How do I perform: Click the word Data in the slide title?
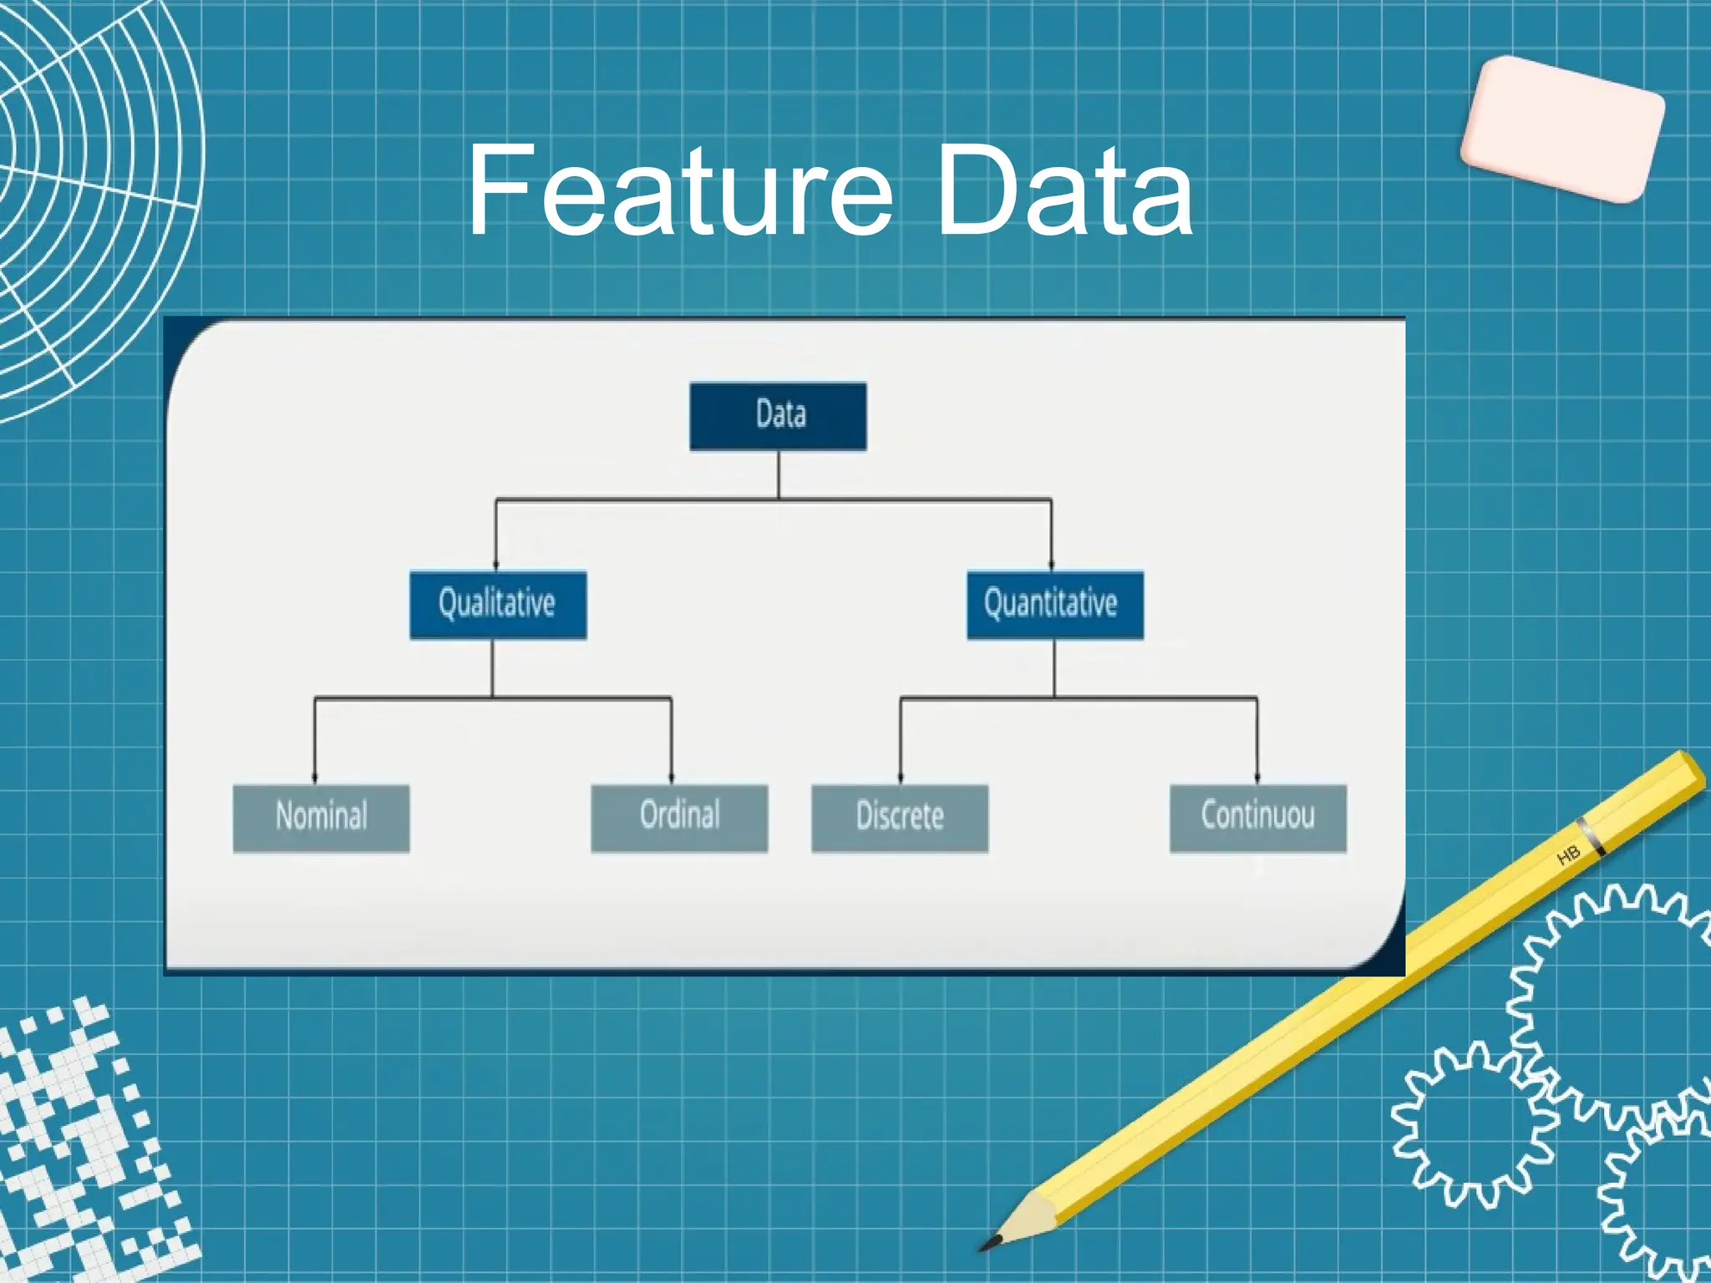pos(1064,190)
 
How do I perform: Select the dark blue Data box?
pos(778,416)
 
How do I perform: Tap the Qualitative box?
pos(498,605)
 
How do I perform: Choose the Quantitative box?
pos(1054,605)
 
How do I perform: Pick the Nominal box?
pos(321,818)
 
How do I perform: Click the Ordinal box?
pos(679,818)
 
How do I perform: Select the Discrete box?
pos(900,818)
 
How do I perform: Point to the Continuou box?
pos(1257,818)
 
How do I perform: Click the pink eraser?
pos(1562,129)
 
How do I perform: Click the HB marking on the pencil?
pos(1568,855)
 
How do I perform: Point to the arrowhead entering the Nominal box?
pos(315,778)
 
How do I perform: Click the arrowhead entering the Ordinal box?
pos(672,778)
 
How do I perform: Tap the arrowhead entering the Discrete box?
pos(901,778)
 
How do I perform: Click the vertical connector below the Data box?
pos(779,474)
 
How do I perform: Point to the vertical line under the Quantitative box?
pos(1054,668)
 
